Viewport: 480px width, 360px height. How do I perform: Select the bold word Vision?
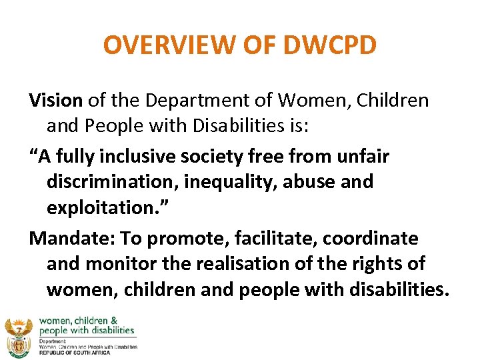click(56, 101)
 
